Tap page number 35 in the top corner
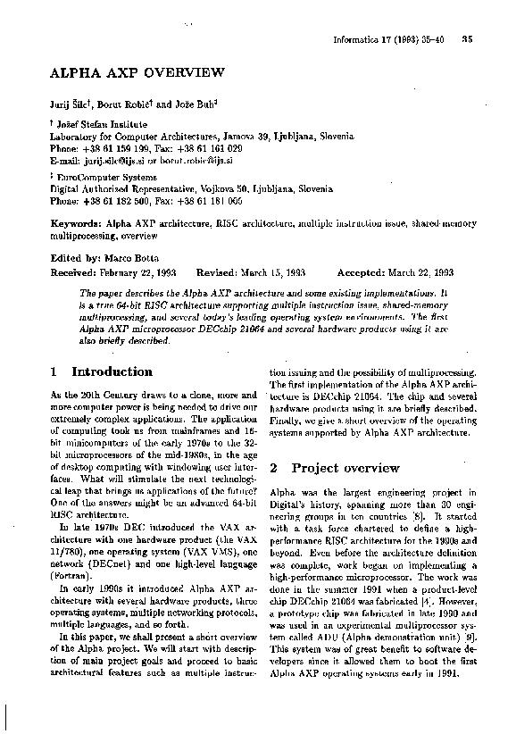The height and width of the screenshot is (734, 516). pos(467,38)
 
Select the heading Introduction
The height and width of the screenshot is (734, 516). pos(112,371)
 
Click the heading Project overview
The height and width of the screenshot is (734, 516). pos(345,467)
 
